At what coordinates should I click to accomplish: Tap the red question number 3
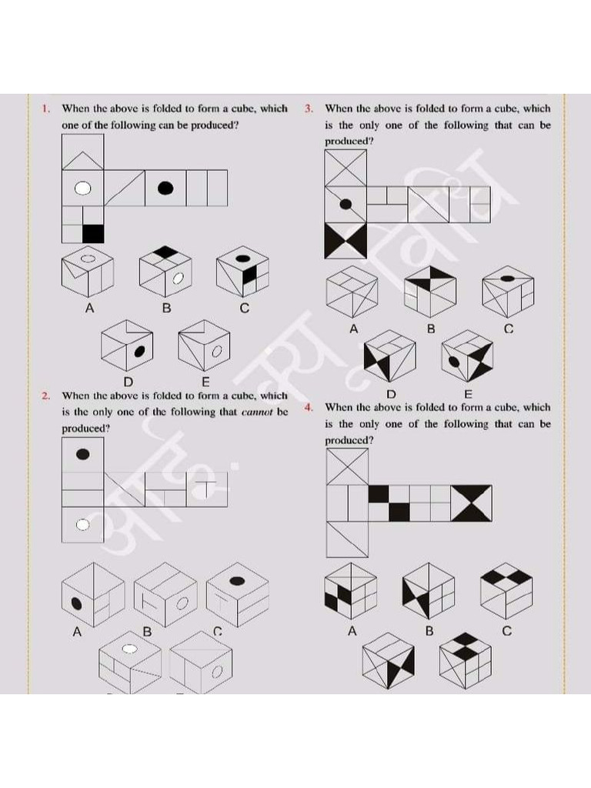point(309,109)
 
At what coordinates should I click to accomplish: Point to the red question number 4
point(309,407)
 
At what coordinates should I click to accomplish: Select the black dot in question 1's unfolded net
point(165,188)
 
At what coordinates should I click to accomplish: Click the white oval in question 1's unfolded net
point(83,189)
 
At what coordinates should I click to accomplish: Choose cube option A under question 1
point(87,273)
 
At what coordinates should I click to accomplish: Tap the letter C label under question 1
point(244,309)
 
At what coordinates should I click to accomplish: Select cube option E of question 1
point(205,347)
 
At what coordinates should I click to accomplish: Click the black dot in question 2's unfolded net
point(82,454)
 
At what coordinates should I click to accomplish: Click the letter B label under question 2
point(147,632)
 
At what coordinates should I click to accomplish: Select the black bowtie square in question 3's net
point(345,240)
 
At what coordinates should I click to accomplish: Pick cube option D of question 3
point(389,356)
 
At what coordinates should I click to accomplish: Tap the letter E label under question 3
point(468,395)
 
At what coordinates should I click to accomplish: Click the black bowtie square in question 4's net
point(471,503)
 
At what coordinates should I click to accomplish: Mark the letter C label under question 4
point(506,632)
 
